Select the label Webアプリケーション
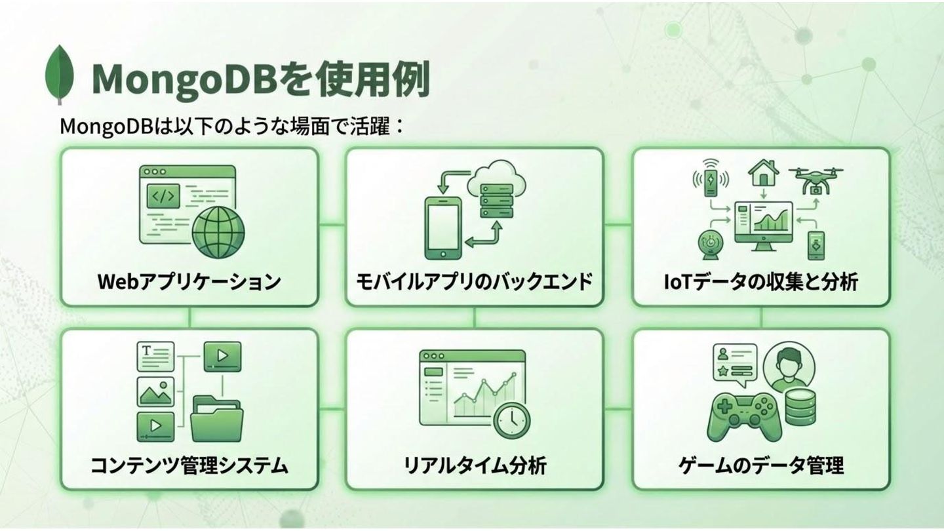tap(189, 281)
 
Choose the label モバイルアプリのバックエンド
tap(474, 281)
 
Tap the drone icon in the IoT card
tap(816, 178)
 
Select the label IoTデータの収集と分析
tap(761, 281)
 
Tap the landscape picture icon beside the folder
tap(156, 392)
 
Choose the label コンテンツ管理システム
tap(189, 466)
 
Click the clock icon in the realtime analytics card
tap(512, 420)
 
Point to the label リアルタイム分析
tap(474, 466)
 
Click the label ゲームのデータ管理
tap(761, 466)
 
